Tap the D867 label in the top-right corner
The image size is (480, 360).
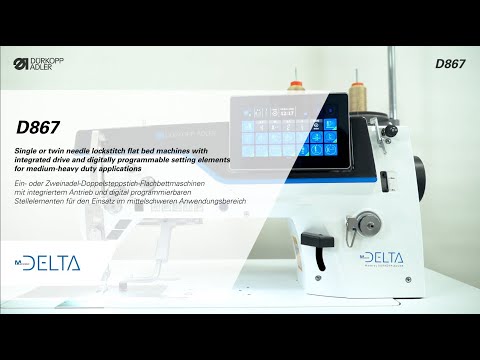pyautogui.click(x=450, y=64)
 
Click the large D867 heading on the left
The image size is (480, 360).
pyautogui.click(x=38, y=128)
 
